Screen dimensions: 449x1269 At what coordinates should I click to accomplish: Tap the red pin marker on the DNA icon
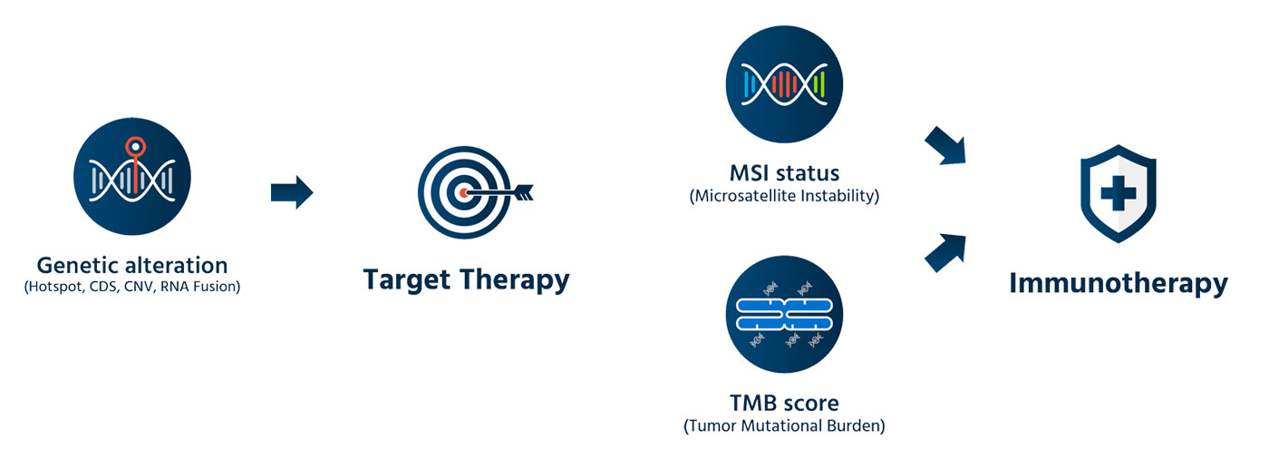[135, 144]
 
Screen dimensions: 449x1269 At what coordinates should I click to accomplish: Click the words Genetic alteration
[132, 265]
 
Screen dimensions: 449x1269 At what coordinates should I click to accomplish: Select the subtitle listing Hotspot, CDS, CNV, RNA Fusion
[132, 288]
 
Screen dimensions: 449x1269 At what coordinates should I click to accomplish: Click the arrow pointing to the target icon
[291, 192]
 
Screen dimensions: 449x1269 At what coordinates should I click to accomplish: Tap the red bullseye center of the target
[464, 193]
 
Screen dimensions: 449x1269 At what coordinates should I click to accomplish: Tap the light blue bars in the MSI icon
[750, 85]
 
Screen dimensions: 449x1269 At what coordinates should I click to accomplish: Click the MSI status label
[784, 172]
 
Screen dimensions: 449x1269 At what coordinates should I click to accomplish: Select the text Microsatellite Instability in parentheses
[784, 196]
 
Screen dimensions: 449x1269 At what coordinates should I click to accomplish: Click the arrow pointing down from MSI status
[944, 146]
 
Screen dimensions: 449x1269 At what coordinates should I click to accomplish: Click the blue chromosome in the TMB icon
[784, 315]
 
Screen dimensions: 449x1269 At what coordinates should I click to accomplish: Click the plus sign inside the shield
[1118, 191]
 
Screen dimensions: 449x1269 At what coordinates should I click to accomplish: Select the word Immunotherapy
[1118, 283]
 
